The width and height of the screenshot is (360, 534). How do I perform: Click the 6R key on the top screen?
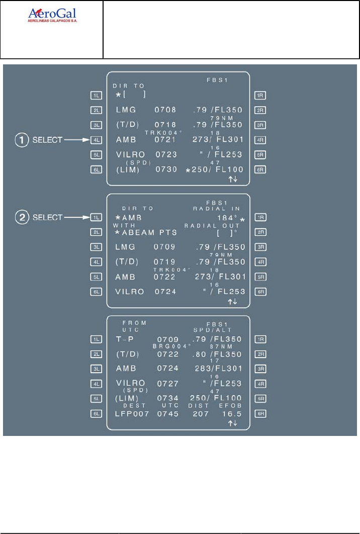point(260,170)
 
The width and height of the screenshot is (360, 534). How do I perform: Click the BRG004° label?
point(172,346)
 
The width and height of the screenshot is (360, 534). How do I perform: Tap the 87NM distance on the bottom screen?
point(219,346)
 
